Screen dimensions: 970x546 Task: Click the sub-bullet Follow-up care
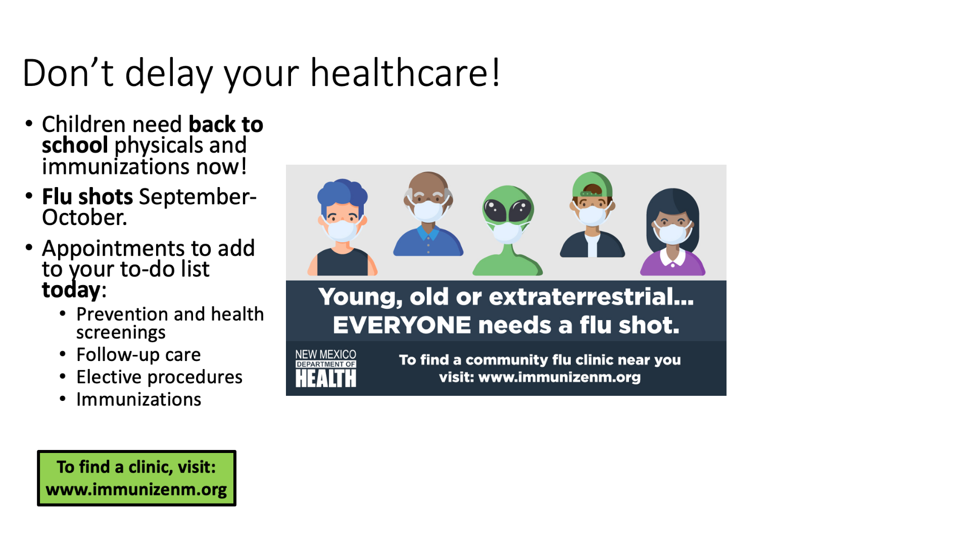point(138,354)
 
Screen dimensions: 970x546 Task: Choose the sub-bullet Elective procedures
point(159,377)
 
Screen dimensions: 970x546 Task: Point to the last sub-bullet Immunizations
point(138,399)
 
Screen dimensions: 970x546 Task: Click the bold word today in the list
point(71,290)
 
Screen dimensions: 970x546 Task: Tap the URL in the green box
point(136,489)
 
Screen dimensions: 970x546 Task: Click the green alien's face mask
point(507,232)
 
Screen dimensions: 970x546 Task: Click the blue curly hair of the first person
point(342,195)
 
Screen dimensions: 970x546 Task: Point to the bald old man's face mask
point(427,210)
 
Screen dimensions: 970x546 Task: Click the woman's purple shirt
point(672,263)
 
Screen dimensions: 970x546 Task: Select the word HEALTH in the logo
point(326,378)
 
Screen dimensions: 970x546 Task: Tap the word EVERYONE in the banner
point(402,325)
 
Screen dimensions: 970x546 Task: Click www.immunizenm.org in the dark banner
point(559,377)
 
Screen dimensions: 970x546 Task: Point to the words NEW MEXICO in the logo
point(326,354)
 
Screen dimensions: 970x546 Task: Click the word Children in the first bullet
point(83,124)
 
